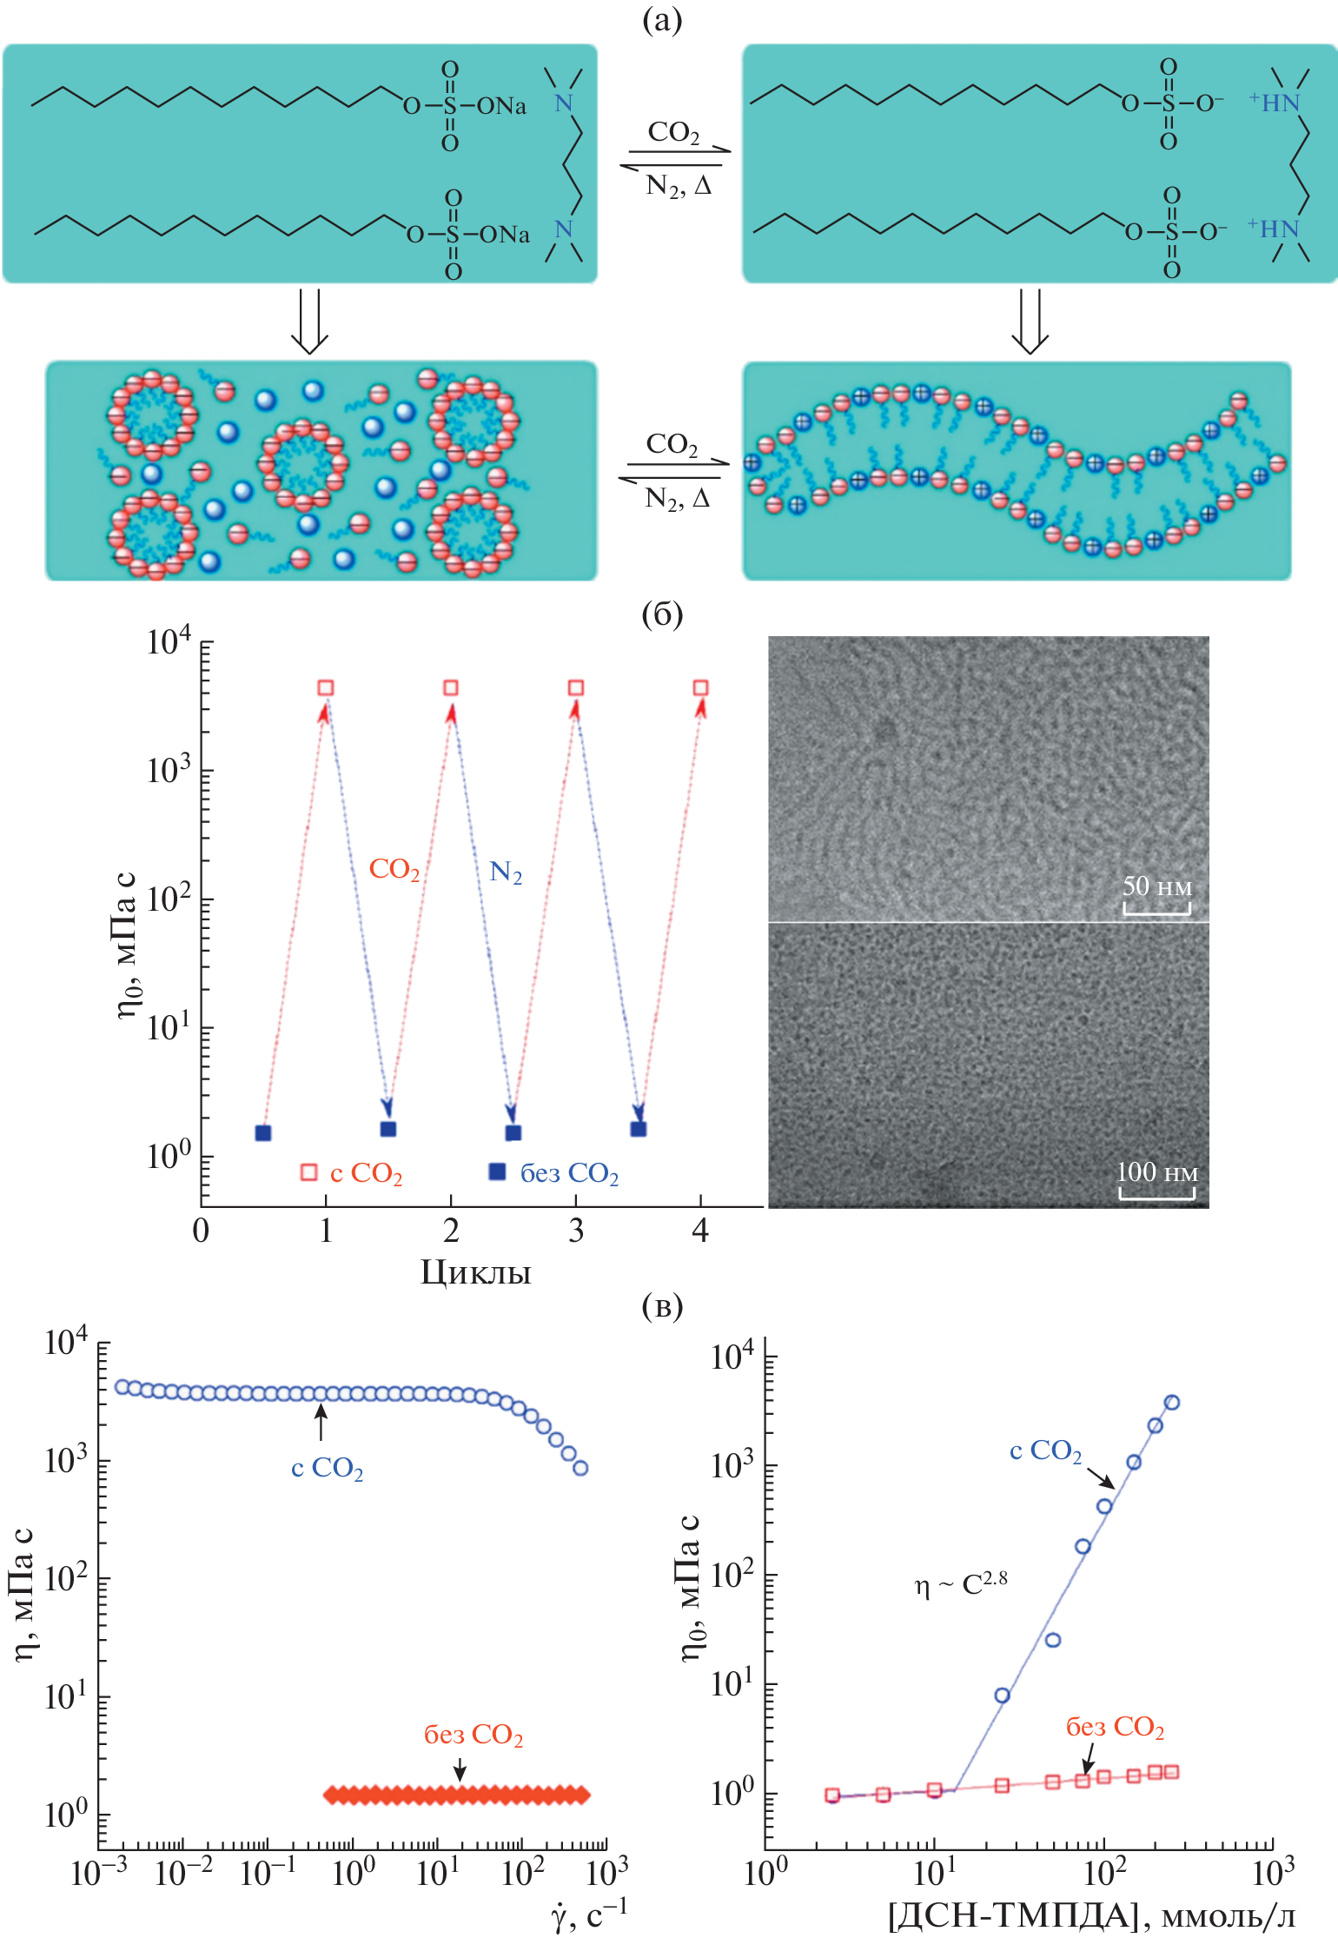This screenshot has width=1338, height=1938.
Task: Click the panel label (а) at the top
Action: tap(662, 19)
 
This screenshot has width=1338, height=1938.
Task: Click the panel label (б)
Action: tap(662, 614)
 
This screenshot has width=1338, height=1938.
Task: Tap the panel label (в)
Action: tap(662, 1305)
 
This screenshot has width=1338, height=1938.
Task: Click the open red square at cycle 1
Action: tap(326, 688)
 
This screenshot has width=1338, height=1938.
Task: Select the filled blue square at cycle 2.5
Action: tap(513, 1132)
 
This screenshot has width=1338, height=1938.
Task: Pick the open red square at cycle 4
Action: tap(700, 688)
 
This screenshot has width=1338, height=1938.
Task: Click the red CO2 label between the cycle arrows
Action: tap(394, 869)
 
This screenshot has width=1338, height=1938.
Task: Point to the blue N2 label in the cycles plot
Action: tap(506, 872)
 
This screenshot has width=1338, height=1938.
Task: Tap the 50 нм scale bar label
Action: tap(1156, 886)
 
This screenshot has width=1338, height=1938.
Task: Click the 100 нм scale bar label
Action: tap(1156, 1172)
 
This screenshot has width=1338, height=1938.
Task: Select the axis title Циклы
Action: tap(475, 1272)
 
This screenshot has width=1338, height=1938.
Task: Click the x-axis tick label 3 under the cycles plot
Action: tap(575, 1231)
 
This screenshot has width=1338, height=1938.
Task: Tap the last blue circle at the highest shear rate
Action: tap(581, 1468)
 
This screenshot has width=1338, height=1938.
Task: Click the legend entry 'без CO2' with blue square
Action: tap(555, 1173)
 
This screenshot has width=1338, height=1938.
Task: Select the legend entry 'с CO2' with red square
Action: tap(352, 1173)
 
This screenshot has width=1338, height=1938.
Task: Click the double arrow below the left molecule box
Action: tap(308, 321)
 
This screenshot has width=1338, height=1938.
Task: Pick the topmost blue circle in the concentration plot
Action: tap(1171, 1402)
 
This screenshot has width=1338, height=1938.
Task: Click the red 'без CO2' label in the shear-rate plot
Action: tap(474, 1735)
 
